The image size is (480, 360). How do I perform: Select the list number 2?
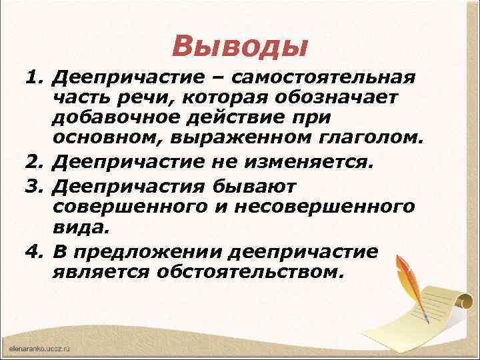33,161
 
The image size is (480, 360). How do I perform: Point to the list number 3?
33,183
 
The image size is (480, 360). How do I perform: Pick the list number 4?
33,252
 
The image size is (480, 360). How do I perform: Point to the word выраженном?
235,140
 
